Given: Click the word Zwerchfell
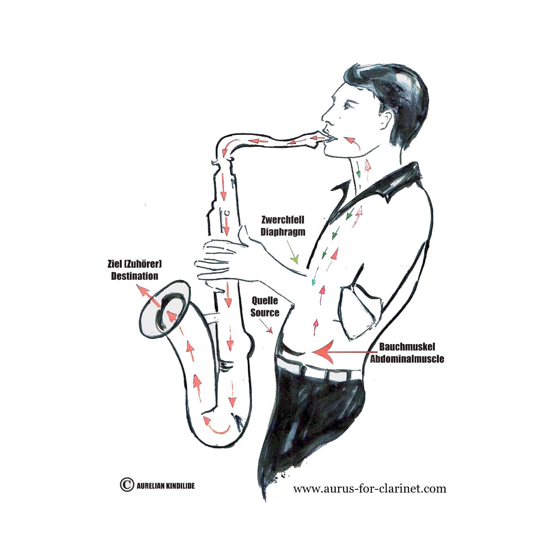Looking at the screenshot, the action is coord(283,220).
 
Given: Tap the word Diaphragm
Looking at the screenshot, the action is coord(283,232).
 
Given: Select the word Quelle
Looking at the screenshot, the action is coord(265,301).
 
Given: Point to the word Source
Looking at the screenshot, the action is coord(265,312).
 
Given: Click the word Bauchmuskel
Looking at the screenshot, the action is coord(407,347).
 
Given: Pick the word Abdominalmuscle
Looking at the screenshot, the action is coord(407,359).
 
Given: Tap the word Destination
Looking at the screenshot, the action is coord(135,276).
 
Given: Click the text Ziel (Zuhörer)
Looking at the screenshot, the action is coord(135,264).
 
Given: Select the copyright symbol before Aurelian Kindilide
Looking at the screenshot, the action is coord(127,484).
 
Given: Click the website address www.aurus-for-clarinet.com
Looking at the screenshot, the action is coord(370,489).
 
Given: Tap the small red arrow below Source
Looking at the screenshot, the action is coord(266,326).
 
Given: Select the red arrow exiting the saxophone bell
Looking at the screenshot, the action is coord(148,296).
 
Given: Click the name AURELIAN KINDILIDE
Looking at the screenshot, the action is coord(166,486).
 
